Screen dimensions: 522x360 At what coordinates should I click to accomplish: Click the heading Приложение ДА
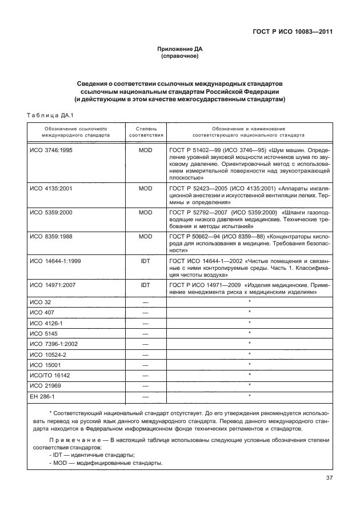pyautogui.click(x=180, y=50)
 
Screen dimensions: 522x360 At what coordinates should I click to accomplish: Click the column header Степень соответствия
pyautogui.click(x=146, y=132)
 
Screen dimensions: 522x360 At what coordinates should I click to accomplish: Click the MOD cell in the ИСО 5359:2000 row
pyautogui.click(x=146, y=212)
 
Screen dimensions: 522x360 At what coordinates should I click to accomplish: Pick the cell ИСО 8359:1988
pyautogui.click(x=50, y=236)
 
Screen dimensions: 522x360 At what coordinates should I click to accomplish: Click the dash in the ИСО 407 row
pyautogui.click(x=146, y=312)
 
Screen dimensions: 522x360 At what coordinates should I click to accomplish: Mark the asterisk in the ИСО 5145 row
pyautogui.click(x=250, y=332)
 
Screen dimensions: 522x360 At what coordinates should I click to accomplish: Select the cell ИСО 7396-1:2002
pyautogui.click(x=52, y=343)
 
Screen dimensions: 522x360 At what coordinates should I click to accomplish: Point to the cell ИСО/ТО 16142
pyautogui.click(x=49, y=374)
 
